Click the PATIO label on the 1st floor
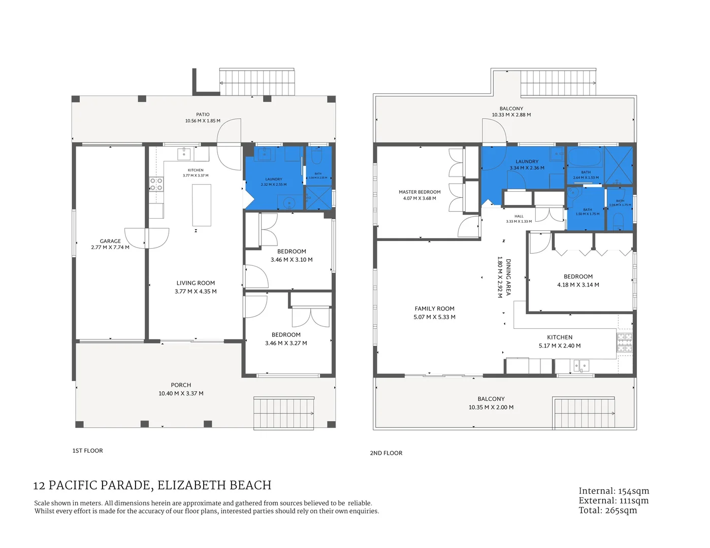point(203,115)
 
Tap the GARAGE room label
point(110,241)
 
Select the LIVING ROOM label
point(196,283)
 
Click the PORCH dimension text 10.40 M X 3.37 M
point(181,393)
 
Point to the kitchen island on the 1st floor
point(202,205)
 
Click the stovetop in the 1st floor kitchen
point(156,184)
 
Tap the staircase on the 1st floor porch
point(284,413)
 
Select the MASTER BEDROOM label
point(419,192)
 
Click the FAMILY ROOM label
point(434,309)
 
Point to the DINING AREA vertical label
point(508,277)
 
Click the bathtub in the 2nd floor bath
point(585,157)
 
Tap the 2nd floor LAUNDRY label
point(527,161)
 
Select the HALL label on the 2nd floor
point(519,216)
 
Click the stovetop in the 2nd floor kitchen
point(625,342)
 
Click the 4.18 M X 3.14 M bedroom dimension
point(578,285)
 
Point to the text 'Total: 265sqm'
point(607,510)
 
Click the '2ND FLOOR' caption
point(386,453)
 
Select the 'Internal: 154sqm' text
point(614,491)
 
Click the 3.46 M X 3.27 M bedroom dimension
point(286,343)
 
